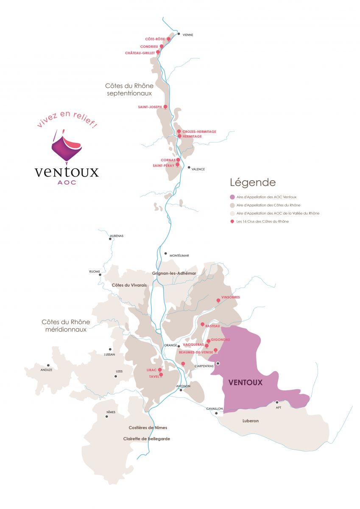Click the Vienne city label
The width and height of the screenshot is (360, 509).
tap(187, 35)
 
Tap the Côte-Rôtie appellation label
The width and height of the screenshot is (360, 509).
tap(155, 39)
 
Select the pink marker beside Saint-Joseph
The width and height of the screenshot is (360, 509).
tap(165, 106)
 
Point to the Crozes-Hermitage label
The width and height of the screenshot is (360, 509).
tap(199, 132)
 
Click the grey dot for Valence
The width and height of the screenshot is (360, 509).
tap(189, 167)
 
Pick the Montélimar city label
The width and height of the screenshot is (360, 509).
tap(179, 255)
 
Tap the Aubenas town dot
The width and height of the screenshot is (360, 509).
tap(110, 239)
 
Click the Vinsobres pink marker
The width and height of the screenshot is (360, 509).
tap(218, 300)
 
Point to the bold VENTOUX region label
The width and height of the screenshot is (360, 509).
tap(246, 382)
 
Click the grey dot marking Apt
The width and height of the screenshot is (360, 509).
tap(277, 402)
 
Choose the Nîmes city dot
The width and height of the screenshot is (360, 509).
tap(106, 416)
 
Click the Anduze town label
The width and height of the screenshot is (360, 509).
tap(46, 370)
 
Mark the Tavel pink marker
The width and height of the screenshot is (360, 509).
tap(161, 375)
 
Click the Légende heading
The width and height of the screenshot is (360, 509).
tap(253, 183)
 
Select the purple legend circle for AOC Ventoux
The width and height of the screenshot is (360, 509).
tap(232, 197)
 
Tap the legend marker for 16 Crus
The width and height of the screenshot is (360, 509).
tap(232, 221)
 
